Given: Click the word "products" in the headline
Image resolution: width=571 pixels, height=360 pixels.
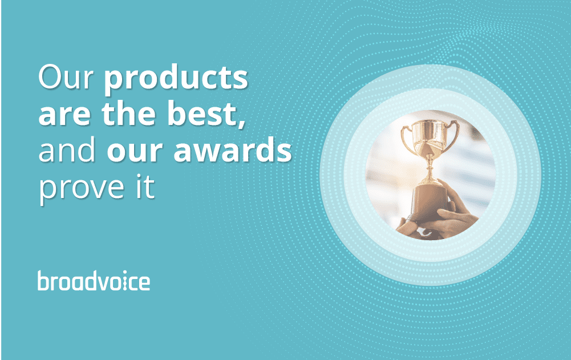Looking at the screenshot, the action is click(176, 79).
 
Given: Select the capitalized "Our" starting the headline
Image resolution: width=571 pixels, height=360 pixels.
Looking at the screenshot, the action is click(66, 77).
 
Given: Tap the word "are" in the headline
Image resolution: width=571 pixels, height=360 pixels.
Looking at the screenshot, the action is click(64, 115).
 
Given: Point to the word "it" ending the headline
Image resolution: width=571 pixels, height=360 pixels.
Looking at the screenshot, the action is click(145, 186).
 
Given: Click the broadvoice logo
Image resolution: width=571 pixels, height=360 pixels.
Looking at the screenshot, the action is click(94, 281).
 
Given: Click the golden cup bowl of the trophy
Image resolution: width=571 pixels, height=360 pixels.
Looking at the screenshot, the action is click(429, 136).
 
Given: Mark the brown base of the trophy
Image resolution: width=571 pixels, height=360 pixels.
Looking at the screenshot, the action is click(430, 202).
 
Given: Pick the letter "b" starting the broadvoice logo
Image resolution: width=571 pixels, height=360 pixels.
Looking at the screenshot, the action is click(43, 281).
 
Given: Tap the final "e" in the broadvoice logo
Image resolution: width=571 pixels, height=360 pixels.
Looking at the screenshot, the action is click(144, 283).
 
